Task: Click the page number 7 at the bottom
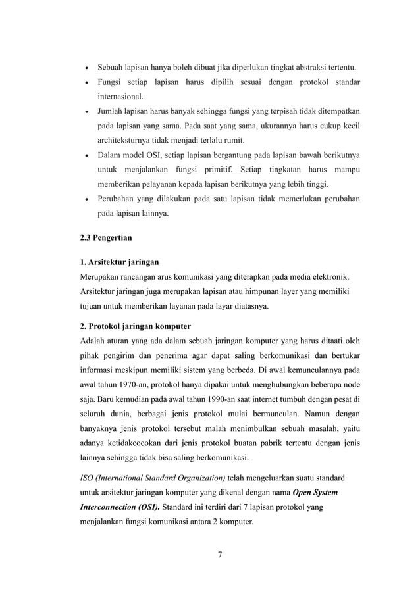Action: [220, 553]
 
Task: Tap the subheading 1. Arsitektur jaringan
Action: [118, 262]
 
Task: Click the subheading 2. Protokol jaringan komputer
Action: [135, 325]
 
